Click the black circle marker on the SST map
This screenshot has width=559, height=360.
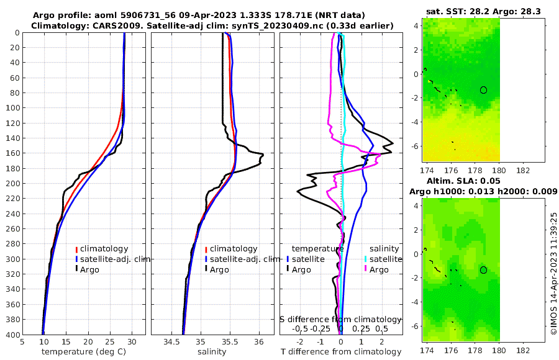click(x=483, y=90)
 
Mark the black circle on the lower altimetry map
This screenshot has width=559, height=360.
click(x=483, y=269)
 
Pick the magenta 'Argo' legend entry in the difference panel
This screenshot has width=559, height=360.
click(x=378, y=269)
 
